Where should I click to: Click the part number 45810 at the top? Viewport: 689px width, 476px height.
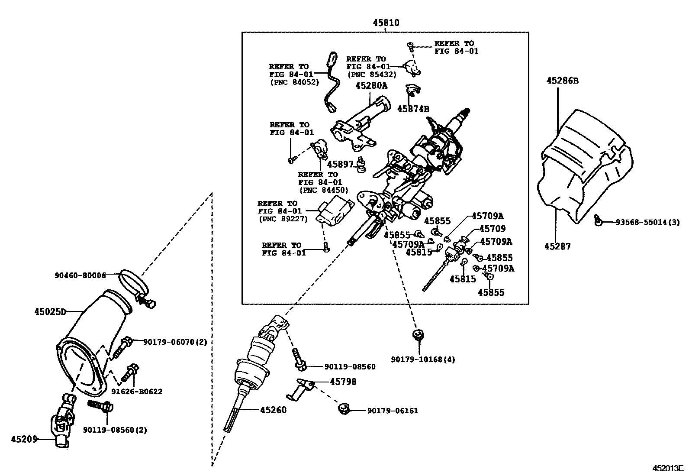point(386,23)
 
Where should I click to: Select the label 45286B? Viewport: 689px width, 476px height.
point(562,81)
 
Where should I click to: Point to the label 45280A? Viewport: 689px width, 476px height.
point(371,86)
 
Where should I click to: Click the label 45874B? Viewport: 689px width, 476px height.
point(413,109)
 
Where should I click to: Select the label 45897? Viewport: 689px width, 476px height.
point(340,164)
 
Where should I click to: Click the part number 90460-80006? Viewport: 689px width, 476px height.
point(80,275)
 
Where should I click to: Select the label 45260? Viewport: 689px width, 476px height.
point(273,410)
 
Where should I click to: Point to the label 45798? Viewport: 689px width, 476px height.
point(343,382)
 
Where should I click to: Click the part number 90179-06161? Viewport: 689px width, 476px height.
point(393,411)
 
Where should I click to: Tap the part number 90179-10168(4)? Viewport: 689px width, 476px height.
point(423,359)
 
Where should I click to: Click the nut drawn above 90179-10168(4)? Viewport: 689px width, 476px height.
point(418,334)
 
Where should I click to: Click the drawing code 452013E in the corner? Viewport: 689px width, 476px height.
point(667,468)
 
